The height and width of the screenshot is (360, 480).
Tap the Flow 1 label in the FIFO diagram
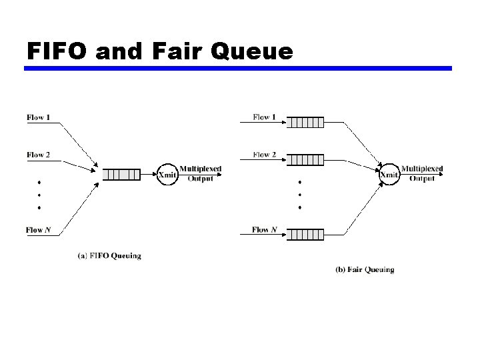(38, 117)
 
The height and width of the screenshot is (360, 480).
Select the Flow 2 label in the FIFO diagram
(38, 155)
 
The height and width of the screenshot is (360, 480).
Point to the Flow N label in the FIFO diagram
(38, 230)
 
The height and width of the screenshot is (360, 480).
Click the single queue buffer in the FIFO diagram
(122, 175)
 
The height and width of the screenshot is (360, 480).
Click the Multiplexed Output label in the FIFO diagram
(201, 173)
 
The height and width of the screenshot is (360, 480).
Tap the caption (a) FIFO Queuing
(109, 255)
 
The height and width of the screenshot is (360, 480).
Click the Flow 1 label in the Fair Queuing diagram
(265, 117)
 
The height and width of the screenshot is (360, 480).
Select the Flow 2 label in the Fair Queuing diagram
(265, 155)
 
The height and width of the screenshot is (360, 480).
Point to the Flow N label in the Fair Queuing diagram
(264, 230)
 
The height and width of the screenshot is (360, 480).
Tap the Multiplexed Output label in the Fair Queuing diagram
(422, 173)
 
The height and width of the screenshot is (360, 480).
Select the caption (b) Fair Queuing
(364, 270)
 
